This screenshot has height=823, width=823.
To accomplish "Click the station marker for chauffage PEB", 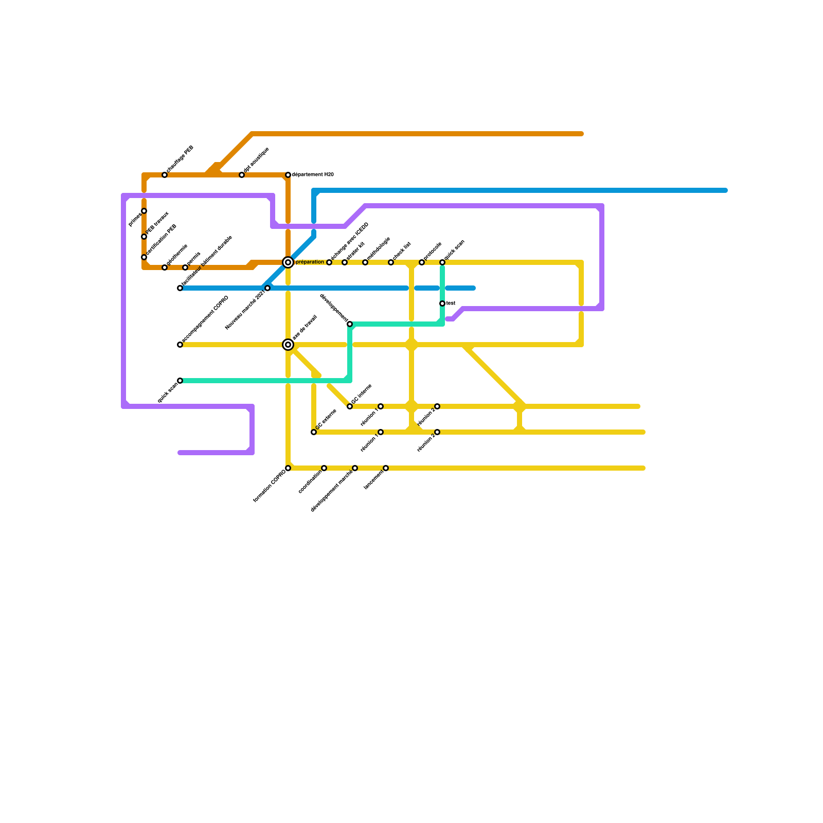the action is click(165, 175).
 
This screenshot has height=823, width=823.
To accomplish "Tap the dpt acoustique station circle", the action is click(242, 175).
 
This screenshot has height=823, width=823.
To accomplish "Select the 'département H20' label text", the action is click(313, 175).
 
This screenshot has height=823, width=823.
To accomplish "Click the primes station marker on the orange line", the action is click(144, 211).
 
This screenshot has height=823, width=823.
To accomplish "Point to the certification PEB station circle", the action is click(144, 257).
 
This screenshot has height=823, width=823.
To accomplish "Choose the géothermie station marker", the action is click(165, 267).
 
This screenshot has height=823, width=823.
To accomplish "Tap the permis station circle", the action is click(185, 267).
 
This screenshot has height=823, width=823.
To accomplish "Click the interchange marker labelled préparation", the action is click(288, 262).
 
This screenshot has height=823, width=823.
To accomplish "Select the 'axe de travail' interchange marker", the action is click(288, 345).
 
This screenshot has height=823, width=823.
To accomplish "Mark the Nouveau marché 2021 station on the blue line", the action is click(267, 288).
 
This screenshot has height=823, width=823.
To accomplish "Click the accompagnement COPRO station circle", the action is click(180, 345).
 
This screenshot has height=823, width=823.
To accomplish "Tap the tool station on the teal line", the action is click(442, 303).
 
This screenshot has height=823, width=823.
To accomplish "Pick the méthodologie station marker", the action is click(365, 262).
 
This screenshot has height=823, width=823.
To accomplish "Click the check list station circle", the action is click(391, 262).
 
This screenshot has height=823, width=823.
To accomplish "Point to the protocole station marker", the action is click(422, 262).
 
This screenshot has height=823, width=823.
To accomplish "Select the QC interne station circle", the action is click(350, 406).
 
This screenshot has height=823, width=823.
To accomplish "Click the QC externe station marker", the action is click(314, 432).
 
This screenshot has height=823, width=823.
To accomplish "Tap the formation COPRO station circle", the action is click(288, 468).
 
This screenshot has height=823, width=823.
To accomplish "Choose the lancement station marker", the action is click(386, 468).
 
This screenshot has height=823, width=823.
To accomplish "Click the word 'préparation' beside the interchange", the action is click(310, 262).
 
